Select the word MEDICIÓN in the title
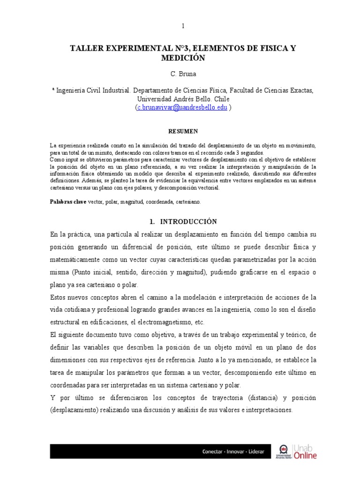[183, 58]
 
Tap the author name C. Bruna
[183, 75]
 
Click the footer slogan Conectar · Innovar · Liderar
[233, 452]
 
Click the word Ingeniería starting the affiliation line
[73, 90]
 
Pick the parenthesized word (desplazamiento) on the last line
[75, 410]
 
